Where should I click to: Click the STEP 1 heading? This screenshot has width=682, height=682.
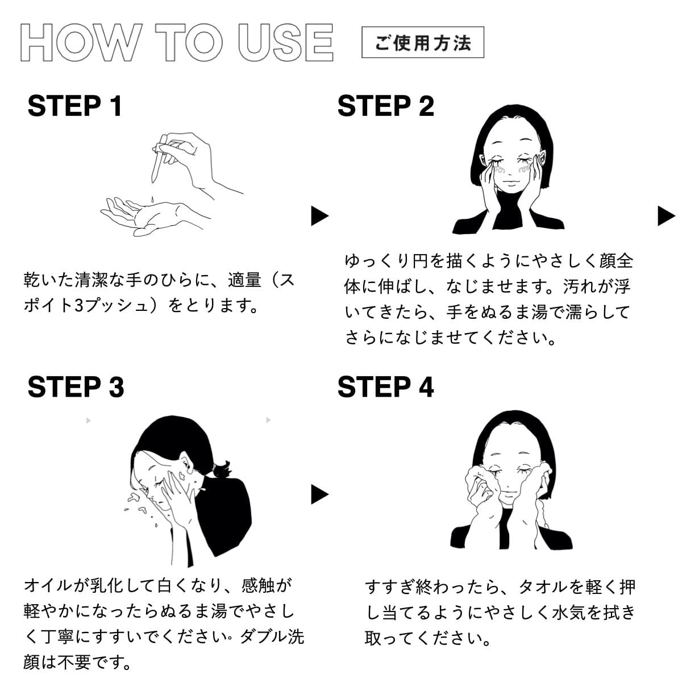point(75,106)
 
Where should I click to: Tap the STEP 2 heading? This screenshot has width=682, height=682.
point(386,106)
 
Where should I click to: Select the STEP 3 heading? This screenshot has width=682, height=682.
point(76,387)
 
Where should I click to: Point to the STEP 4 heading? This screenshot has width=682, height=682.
point(386,387)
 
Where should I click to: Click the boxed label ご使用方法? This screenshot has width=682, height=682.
point(423,42)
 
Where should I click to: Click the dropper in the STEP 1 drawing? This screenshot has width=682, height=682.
point(158,159)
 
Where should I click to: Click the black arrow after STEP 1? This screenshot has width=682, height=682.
point(319,216)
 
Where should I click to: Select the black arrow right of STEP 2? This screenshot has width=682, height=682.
point(667,216)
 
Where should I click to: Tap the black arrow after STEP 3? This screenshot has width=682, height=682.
point(319,494)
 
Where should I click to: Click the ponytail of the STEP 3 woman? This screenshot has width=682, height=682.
point(222,469)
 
